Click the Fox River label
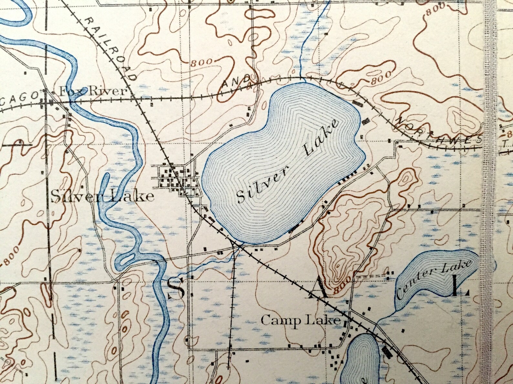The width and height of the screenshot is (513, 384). tap(92, 91)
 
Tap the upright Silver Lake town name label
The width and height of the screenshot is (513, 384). tap(102, 196)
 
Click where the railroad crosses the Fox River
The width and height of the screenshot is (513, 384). tap(73, 101)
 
